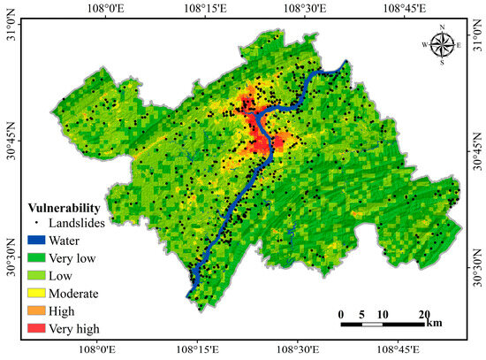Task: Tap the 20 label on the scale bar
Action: click(424, 314)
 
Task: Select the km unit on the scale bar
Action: click(434, 324)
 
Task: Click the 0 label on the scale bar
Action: click(341, 314)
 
